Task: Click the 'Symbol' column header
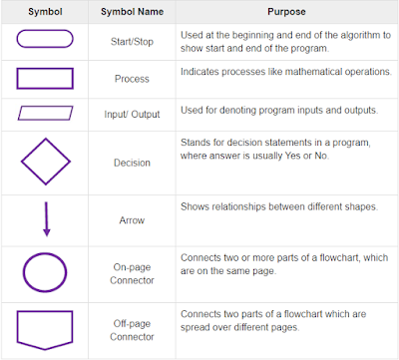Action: click(46, 11)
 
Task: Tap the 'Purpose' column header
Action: click(286, 11)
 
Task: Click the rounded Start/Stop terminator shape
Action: click(46, 40)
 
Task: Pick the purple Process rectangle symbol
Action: click(46, 79)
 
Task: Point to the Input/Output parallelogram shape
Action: click(46, 113)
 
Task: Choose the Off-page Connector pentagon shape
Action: click(46, 328)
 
